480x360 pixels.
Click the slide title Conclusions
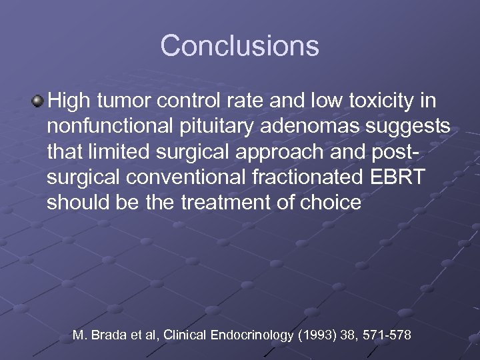click(239, 46)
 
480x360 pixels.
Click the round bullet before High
click(37, 102)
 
